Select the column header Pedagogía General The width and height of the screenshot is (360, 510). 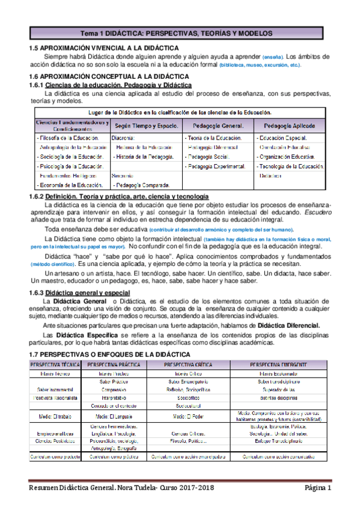pos(218,126)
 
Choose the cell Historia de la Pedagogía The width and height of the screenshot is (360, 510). pos(144,156)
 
